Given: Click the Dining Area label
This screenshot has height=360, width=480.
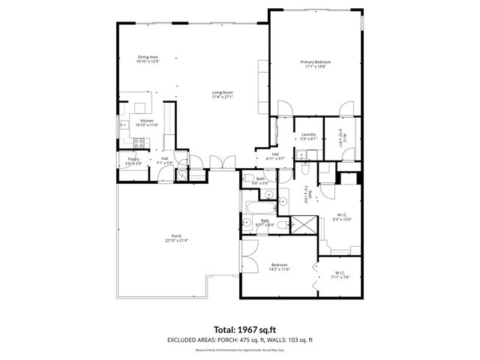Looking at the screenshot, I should [147, 59].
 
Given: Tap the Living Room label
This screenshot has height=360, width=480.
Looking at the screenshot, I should [223, 94].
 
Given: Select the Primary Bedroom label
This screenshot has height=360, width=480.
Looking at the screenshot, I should [315, 64].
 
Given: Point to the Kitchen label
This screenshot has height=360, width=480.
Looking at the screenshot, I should [147, 123].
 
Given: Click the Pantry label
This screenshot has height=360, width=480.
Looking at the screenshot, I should [133, 161].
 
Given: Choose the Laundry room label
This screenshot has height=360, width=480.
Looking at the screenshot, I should [308, 136].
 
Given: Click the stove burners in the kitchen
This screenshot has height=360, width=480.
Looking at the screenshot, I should [139, 142].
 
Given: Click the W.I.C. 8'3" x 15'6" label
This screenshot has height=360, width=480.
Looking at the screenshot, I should [342, 217].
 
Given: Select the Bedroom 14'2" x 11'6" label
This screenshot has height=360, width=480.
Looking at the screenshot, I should [279, 267].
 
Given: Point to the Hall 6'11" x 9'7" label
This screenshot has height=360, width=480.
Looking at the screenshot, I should [275, 156].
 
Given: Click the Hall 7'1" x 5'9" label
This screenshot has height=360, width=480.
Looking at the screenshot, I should [164, 160].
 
